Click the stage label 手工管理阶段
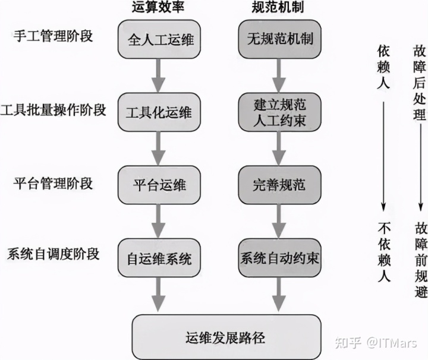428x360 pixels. tap(52, 35)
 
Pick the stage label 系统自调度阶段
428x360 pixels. tap(53, 254)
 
